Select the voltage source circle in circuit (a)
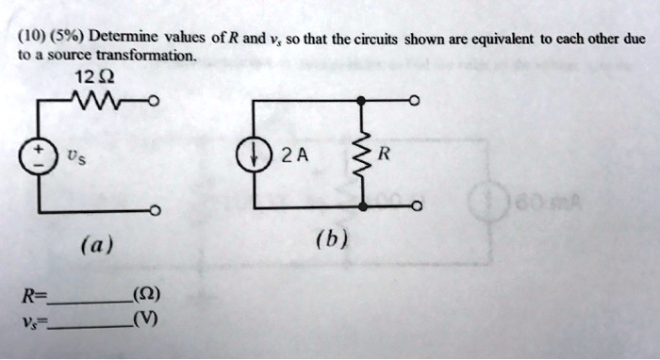pos(40,155)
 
